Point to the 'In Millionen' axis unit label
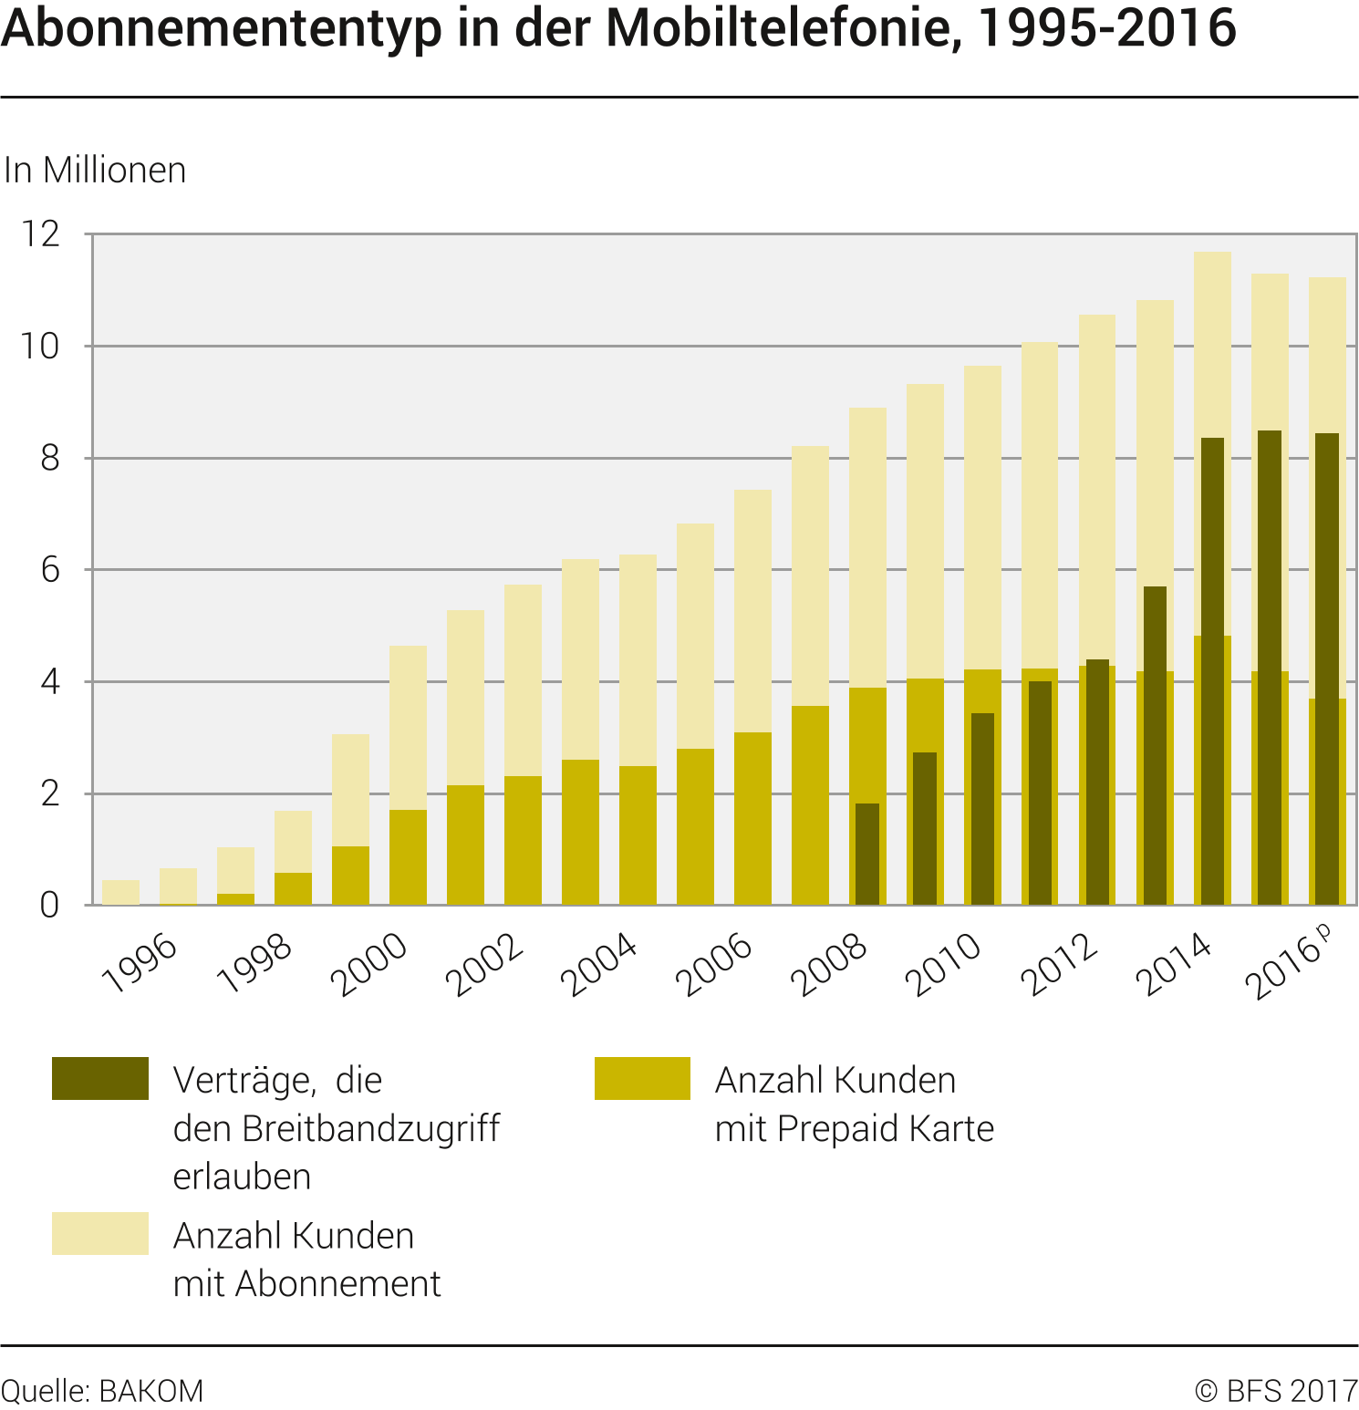click(95, 171)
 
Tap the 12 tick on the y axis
click(41, 234)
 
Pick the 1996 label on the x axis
click(140, 962)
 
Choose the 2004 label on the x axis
click(598, 964)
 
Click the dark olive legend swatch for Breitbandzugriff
click(100, 1078)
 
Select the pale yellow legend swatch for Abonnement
click(100, 1233)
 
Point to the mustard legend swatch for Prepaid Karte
click(642, 1078)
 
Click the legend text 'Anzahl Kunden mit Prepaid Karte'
click(854, 1104)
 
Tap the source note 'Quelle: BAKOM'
click(102, 1391)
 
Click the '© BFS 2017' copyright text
click(1276, 1391)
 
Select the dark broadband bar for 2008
click(867, 854)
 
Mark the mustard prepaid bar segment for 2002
click(523, 840)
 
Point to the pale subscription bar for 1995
click(120, 892)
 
